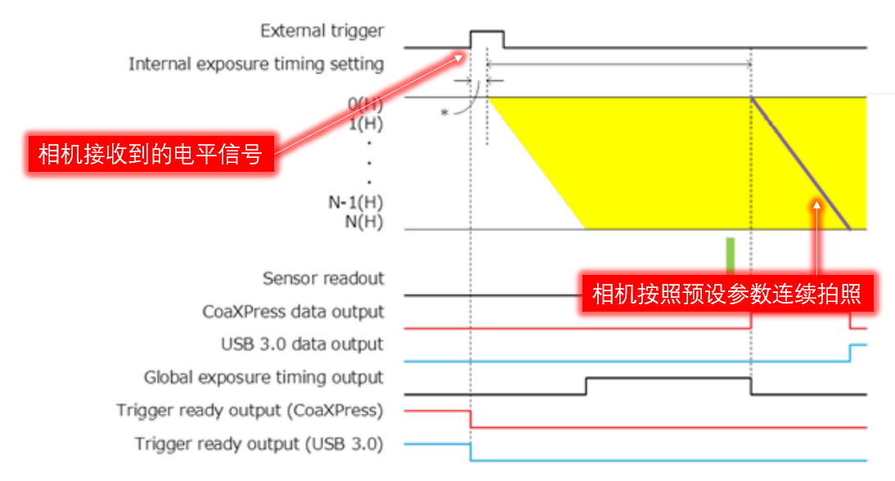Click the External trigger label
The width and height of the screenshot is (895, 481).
pos(322,31)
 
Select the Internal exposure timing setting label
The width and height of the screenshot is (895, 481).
pos(255,64)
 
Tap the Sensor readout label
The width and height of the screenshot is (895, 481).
pos(323,278)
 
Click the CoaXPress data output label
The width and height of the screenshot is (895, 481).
pos(293,312)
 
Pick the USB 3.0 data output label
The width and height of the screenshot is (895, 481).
pos(302,344)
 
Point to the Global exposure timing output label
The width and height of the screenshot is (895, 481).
pos(263,377)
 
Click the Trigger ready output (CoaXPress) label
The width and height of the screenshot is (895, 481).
pos(250,410)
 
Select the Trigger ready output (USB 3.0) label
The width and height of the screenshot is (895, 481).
pos(259,443)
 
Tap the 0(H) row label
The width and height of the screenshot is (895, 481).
pos(365,104)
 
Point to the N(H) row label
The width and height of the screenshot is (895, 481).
pos(365,222)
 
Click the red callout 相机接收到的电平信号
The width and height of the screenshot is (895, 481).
pos(150,154)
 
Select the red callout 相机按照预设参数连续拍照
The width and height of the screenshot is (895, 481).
pos(726,293)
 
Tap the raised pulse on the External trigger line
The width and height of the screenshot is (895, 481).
pos(487,31)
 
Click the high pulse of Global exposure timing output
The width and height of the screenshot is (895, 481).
pos(668,379)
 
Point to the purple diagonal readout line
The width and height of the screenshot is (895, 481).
pos(802,164)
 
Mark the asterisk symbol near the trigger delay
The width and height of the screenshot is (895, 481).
pos(445,112)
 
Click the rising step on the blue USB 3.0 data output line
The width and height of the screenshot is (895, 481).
pos(851,353)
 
